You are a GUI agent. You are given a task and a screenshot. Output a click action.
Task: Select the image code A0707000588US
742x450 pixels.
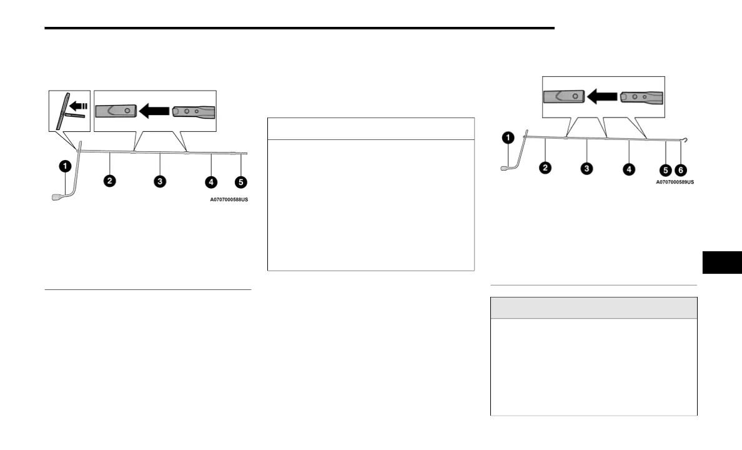click(229, 200)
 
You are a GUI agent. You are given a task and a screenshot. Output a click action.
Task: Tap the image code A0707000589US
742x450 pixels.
click(675, 182)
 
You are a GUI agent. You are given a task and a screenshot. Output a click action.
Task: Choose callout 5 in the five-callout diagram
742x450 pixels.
click(241, 182)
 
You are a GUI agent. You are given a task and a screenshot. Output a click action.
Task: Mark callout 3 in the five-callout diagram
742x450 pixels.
click(160, 182)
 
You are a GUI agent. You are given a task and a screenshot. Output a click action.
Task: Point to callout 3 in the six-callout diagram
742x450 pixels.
click(586, 168)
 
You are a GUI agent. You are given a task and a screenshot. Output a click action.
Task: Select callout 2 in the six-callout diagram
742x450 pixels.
click(546, 168)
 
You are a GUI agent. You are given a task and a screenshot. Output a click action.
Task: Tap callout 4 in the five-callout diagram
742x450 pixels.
click(211, 182)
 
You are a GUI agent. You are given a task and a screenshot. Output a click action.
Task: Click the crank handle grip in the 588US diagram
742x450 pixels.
click(58, 197)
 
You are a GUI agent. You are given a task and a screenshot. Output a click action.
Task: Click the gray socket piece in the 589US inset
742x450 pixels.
click(565, 97)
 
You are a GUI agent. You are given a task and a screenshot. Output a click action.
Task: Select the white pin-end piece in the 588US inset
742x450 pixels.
click(194, 112)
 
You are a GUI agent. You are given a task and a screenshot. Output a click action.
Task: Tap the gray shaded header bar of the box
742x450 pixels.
click(593, 308)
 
